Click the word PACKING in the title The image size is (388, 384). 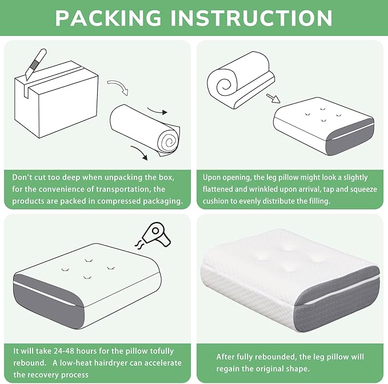point(108,18)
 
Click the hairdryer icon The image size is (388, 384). point(153,235)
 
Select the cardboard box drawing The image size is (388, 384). point(57,99)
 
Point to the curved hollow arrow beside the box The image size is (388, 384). point(118,87)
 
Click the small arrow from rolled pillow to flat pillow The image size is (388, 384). point(273,98)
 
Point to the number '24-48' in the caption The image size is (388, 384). point(60,351)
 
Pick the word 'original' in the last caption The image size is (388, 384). point(270,369)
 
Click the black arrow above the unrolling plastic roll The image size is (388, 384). point(157,111)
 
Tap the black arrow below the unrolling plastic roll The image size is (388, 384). point(139,152)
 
